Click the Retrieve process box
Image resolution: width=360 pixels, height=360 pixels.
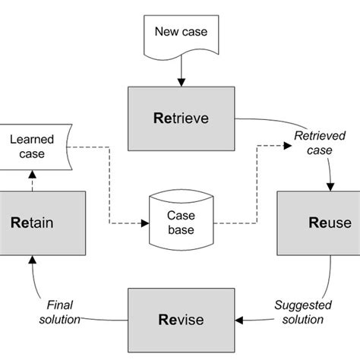[181, 119]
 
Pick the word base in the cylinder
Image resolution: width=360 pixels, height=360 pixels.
[182, 229]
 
